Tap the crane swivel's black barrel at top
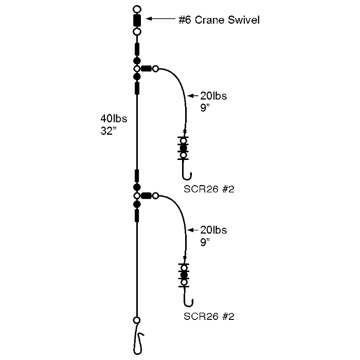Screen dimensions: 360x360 137,21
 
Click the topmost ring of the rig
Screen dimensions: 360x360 137,9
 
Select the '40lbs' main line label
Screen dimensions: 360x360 114,119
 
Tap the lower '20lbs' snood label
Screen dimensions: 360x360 213,229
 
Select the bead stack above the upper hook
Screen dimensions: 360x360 183,147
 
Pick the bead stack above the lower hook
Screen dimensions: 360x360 183,275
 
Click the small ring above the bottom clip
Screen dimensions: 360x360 136,320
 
